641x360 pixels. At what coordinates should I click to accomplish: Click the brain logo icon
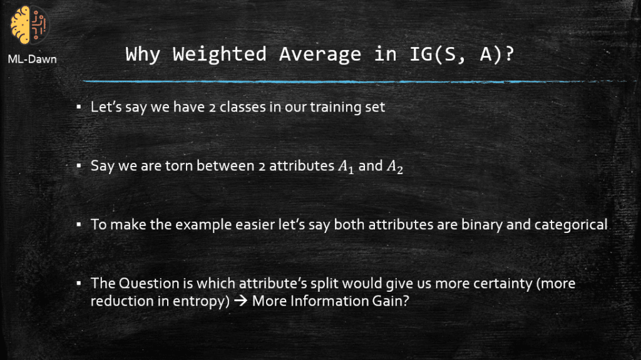point(29,25)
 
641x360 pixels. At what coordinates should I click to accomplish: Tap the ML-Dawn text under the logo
point(33,59)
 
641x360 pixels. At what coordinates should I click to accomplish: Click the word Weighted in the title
point(220,54)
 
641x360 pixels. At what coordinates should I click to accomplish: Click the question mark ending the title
point(509,54)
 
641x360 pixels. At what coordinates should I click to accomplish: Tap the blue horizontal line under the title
point(354,82)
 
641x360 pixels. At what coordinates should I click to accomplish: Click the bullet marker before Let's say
point(78,107)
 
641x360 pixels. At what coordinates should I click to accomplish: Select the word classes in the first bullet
point(243,107)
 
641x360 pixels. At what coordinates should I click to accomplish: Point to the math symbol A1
point(346,167)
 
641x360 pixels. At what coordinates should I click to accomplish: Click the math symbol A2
point(395,167)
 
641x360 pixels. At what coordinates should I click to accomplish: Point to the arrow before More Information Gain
point(241,301)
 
